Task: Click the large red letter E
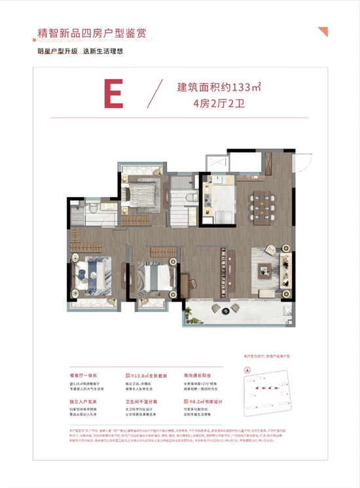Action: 113,94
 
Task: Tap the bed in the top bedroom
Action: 140,192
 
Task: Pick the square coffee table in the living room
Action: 264,268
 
